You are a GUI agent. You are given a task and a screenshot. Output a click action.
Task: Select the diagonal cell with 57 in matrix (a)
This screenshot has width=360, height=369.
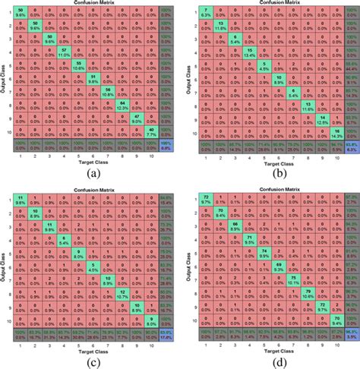point(65,52)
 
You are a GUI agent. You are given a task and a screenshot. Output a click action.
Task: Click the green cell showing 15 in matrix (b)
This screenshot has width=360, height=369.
point(250,52)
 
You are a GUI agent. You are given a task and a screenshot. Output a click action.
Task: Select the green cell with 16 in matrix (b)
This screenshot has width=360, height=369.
point(335,131)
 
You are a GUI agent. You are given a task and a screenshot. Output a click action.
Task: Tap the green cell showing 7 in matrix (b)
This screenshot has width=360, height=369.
point(207,14)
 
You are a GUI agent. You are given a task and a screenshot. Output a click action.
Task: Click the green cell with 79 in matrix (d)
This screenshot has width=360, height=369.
point(308,292)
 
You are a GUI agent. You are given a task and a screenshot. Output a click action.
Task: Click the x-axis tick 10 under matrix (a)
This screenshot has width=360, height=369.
point(152,155)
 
